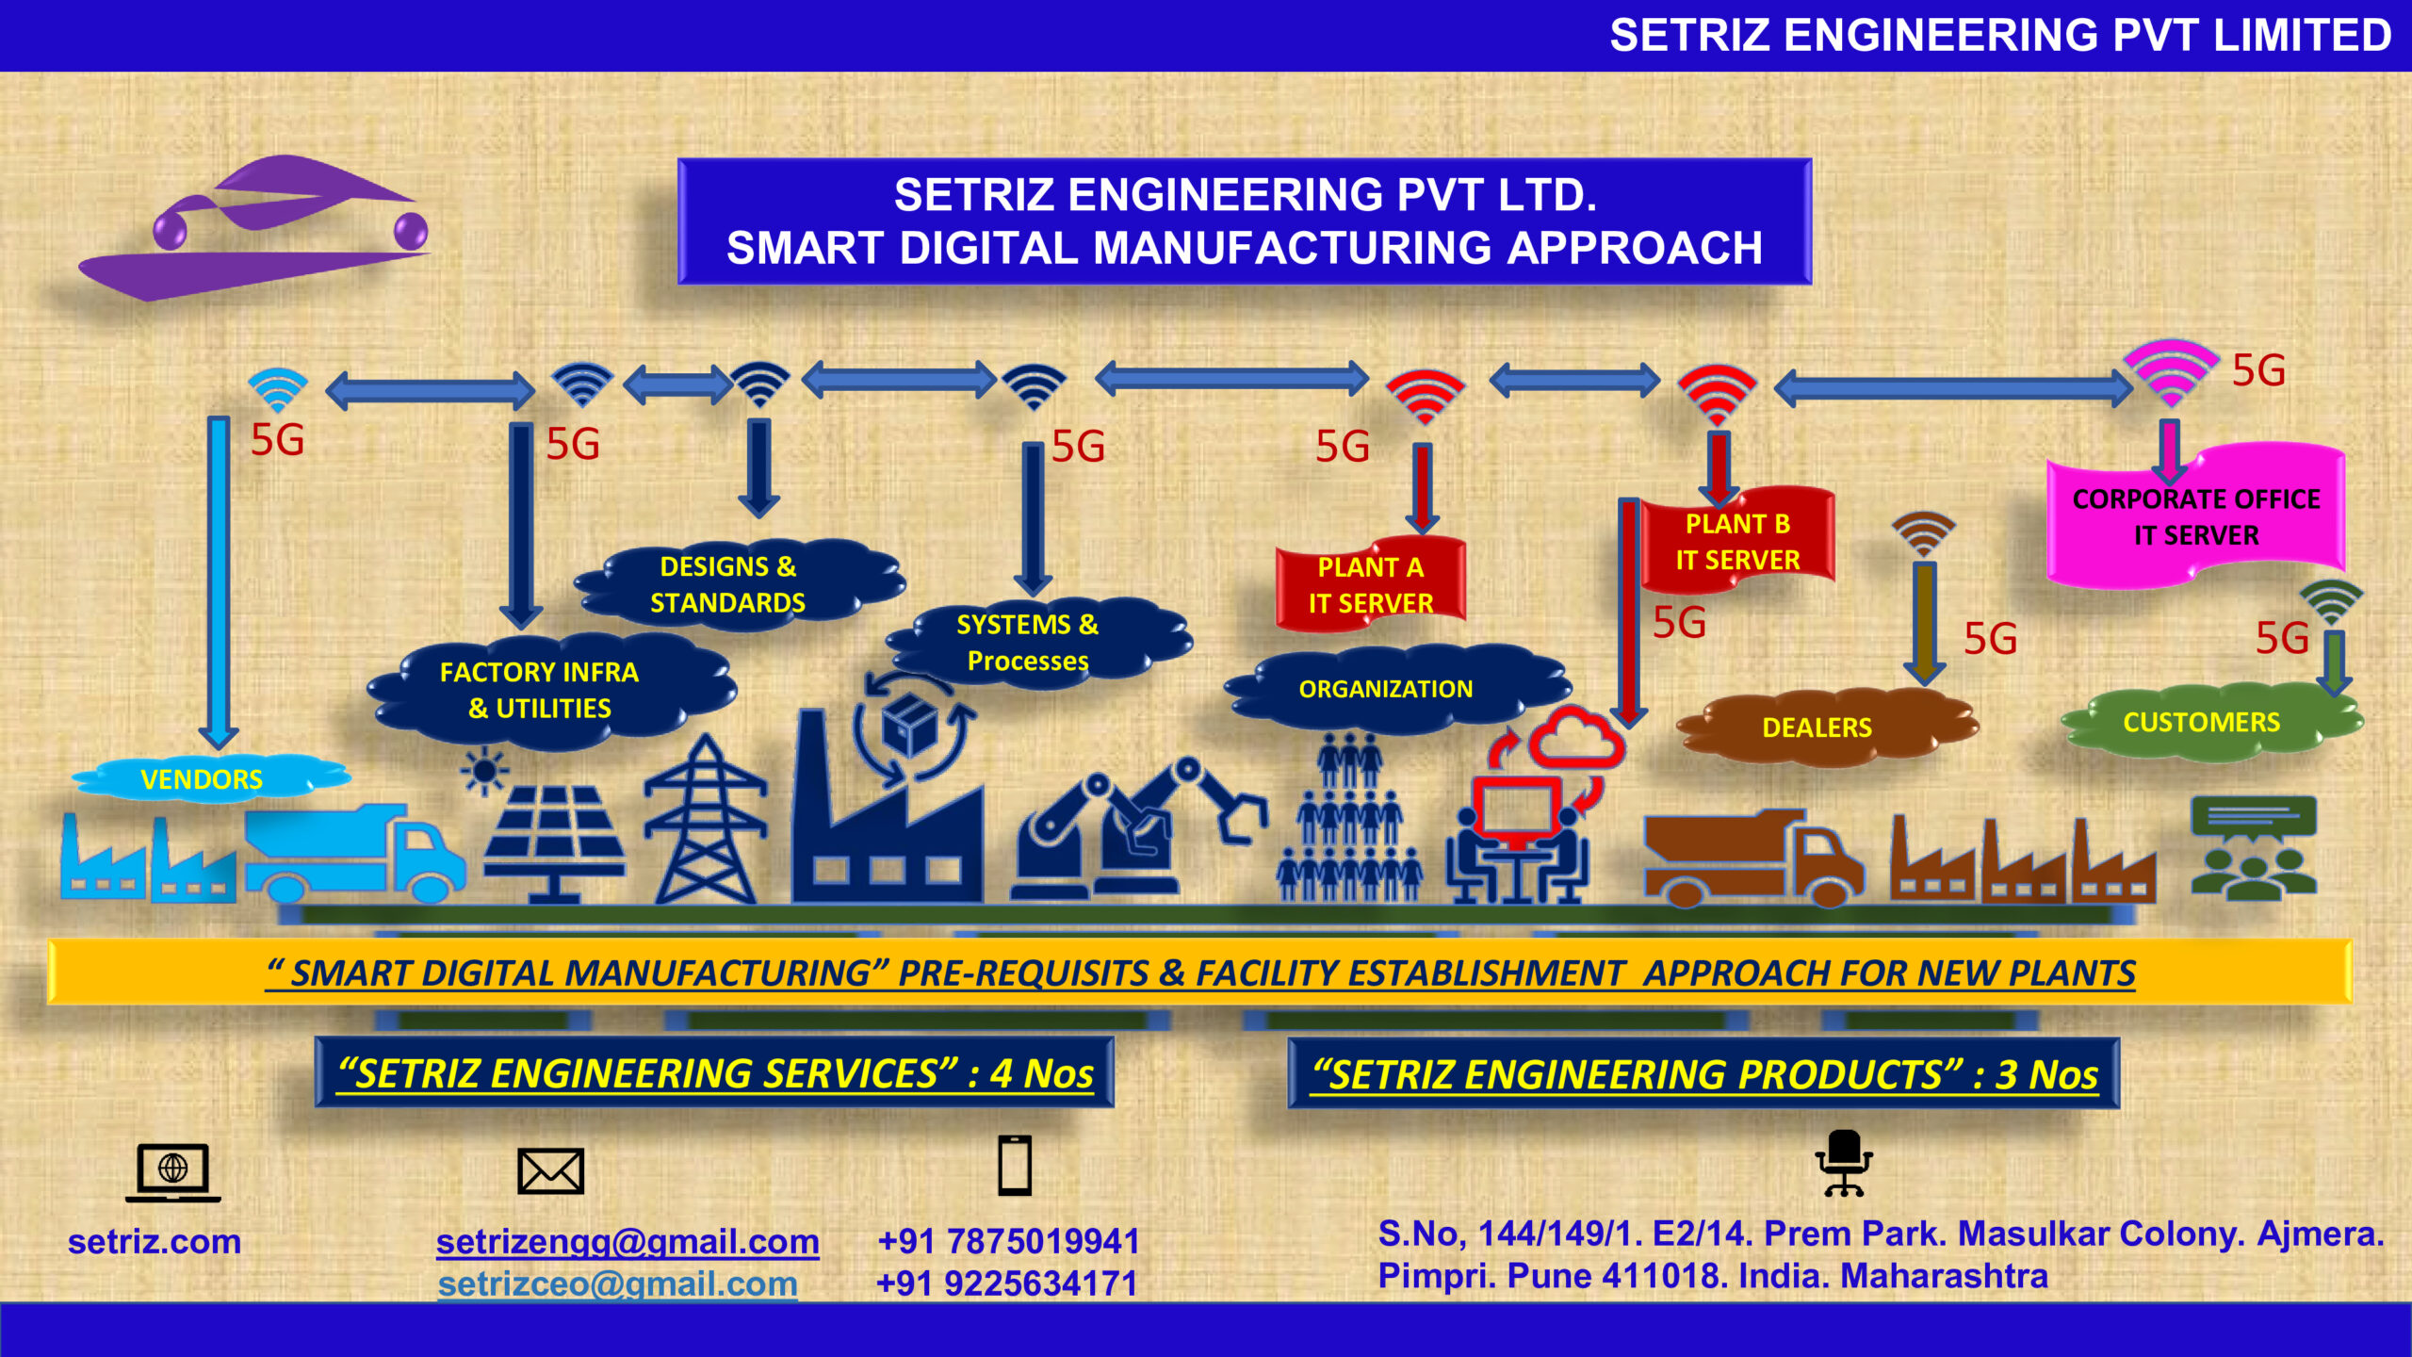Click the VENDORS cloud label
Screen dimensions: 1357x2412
[x=202, y=779]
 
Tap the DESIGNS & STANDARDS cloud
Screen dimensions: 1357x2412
[x=728, y=584]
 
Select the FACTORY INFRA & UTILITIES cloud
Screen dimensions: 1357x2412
[x=540, y=691]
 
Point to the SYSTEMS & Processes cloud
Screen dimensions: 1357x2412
[x=1028, y=643]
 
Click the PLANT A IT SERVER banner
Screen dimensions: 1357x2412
[x=1371, y=584]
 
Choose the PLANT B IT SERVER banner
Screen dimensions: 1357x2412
[x=1737, y=541]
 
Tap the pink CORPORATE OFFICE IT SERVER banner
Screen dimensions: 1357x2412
[x=2196, y=516]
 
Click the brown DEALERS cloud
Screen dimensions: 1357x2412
[x=1817, y=728]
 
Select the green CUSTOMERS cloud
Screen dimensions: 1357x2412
[x=2202, y=723]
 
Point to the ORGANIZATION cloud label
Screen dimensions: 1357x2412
[x=1386, y=689]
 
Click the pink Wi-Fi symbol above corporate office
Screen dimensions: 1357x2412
[x=2171, y=373]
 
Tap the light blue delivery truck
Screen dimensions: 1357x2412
[x=353, y=853]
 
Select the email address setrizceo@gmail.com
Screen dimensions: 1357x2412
[x=618, y=1283]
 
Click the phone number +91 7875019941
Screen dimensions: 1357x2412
[x=1008, y=1241]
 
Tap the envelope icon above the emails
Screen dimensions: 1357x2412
[x=551, y=1170]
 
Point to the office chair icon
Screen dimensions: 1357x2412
[x=1844, y=1163]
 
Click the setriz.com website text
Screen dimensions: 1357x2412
[x=155, y=1241]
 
